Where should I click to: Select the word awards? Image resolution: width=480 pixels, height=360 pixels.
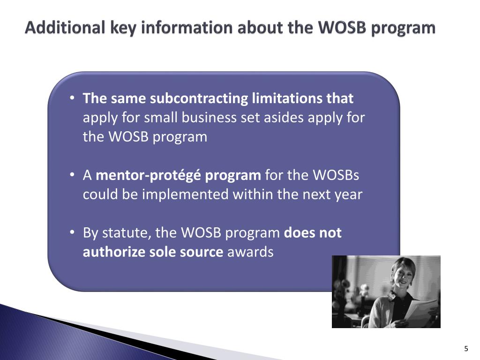[x=250, y=252]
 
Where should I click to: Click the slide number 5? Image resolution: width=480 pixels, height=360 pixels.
[x=466, y=348]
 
